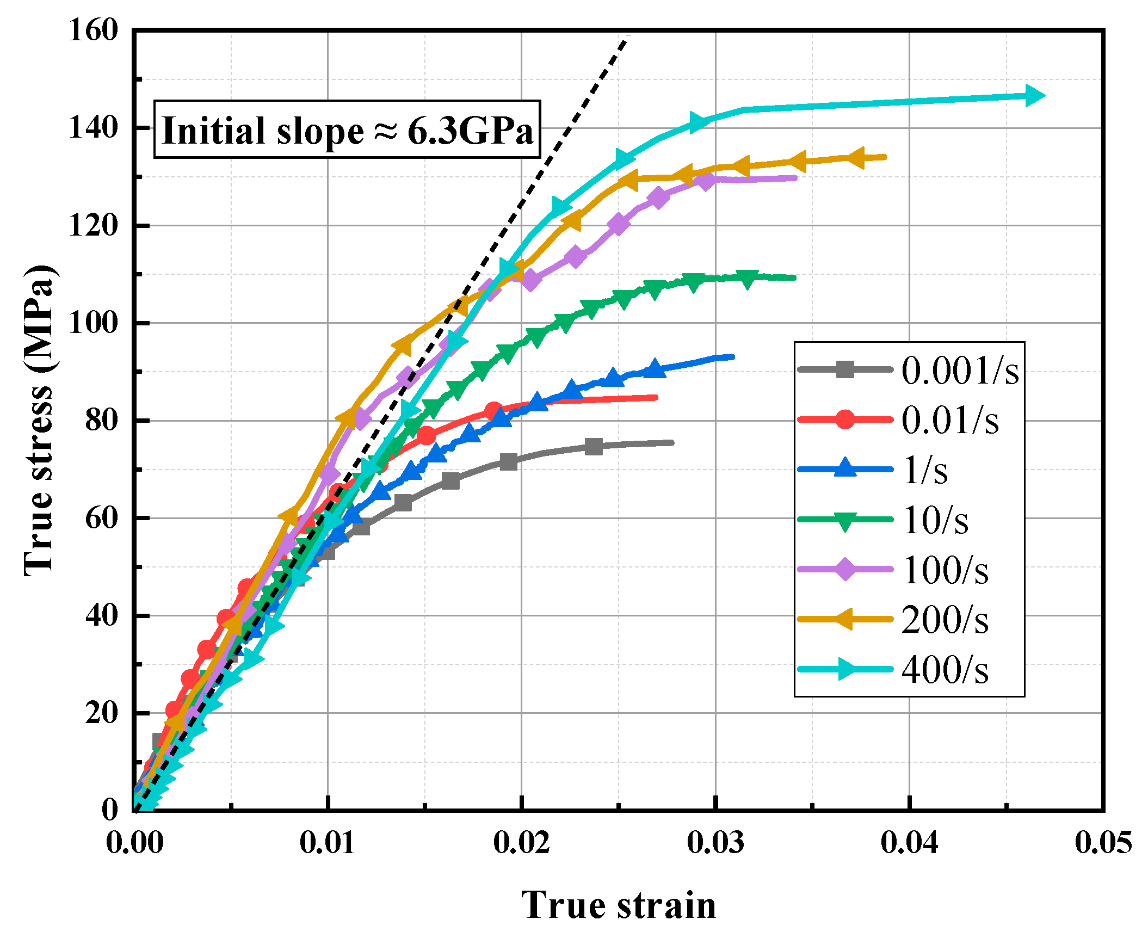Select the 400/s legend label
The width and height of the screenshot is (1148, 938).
point(945,670)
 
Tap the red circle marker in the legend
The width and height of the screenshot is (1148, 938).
point(844,419)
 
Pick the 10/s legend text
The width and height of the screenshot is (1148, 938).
point(936,520)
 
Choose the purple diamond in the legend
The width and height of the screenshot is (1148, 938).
point(844,570)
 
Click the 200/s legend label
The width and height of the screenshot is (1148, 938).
point(945,620)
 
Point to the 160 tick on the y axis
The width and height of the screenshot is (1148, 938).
point(93,30)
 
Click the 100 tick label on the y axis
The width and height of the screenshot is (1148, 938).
point(93,323)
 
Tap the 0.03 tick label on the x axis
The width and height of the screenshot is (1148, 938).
point(715,843)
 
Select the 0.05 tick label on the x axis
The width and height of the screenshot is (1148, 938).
point(1102,843)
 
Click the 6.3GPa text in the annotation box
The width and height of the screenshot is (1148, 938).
point(470,131)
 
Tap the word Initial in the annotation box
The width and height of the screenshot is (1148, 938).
point(208,131)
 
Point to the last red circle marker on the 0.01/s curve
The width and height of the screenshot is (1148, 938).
point(493,411)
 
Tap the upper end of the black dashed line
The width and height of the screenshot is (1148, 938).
point(628,36)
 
